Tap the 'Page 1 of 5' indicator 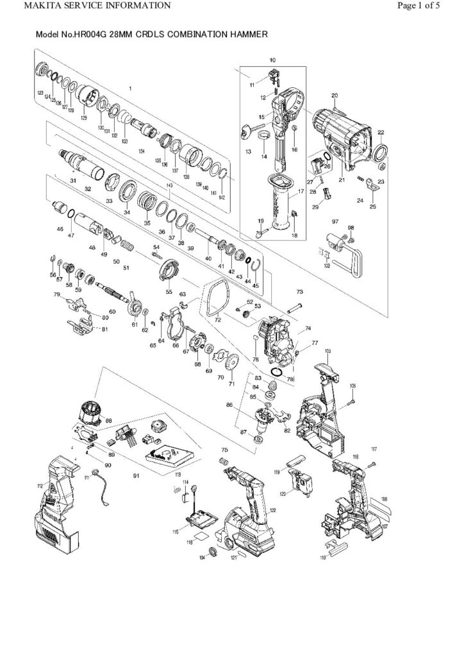pyautogui.click(x=418, y=6)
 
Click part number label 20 pyautogui.click(x=334, y=96)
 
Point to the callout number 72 pyautogui.click(x=217, y=319)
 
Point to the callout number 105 pyautogui.click(x=327, y=351)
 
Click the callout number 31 pyautogui.click(x=73, y=181)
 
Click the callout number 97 pyautogui.click(x=335, y=221)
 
